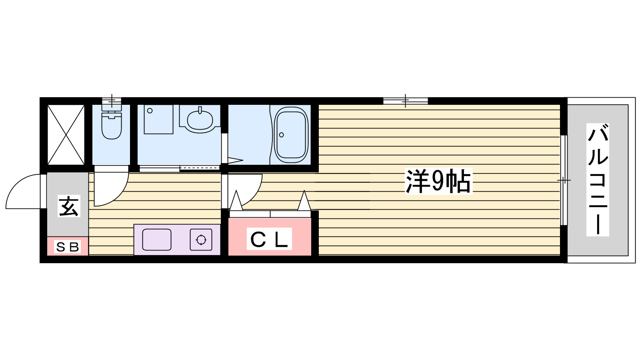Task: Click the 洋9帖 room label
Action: click(x=439, y=182)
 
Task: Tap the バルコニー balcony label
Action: click(x=598, y=180)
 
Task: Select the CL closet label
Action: click(x=269, y=239)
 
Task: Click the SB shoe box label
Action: click(x=67, y=247)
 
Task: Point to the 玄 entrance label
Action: click(x=69, y=206)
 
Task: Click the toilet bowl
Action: click(x=111, y=126)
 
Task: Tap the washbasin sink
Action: click(x=200, y=119)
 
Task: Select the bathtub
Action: click(x=291, y=134)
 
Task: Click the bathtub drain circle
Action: click(x=281, y=135)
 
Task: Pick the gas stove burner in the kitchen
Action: click(x=201, y=240)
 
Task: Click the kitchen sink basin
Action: click(x=157, y=240)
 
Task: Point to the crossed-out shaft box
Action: click(x=66, y=135)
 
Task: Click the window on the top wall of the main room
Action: click(x=405, y=101)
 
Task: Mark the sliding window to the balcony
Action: click(x=563, y=180)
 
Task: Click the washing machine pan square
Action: click(x=158, y=119)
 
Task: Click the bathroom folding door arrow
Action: click(x=236, y=161)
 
